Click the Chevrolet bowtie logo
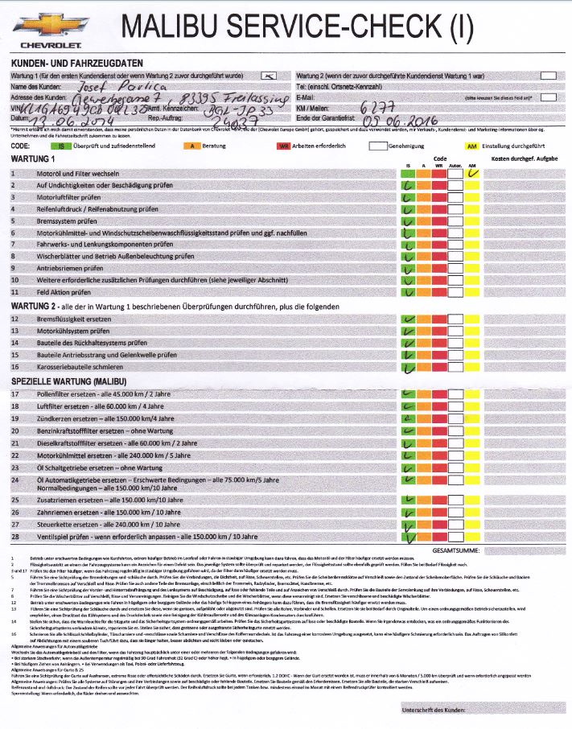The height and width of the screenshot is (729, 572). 39,28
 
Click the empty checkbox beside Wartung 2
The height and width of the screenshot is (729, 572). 548,76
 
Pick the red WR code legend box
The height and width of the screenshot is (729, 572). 283,146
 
